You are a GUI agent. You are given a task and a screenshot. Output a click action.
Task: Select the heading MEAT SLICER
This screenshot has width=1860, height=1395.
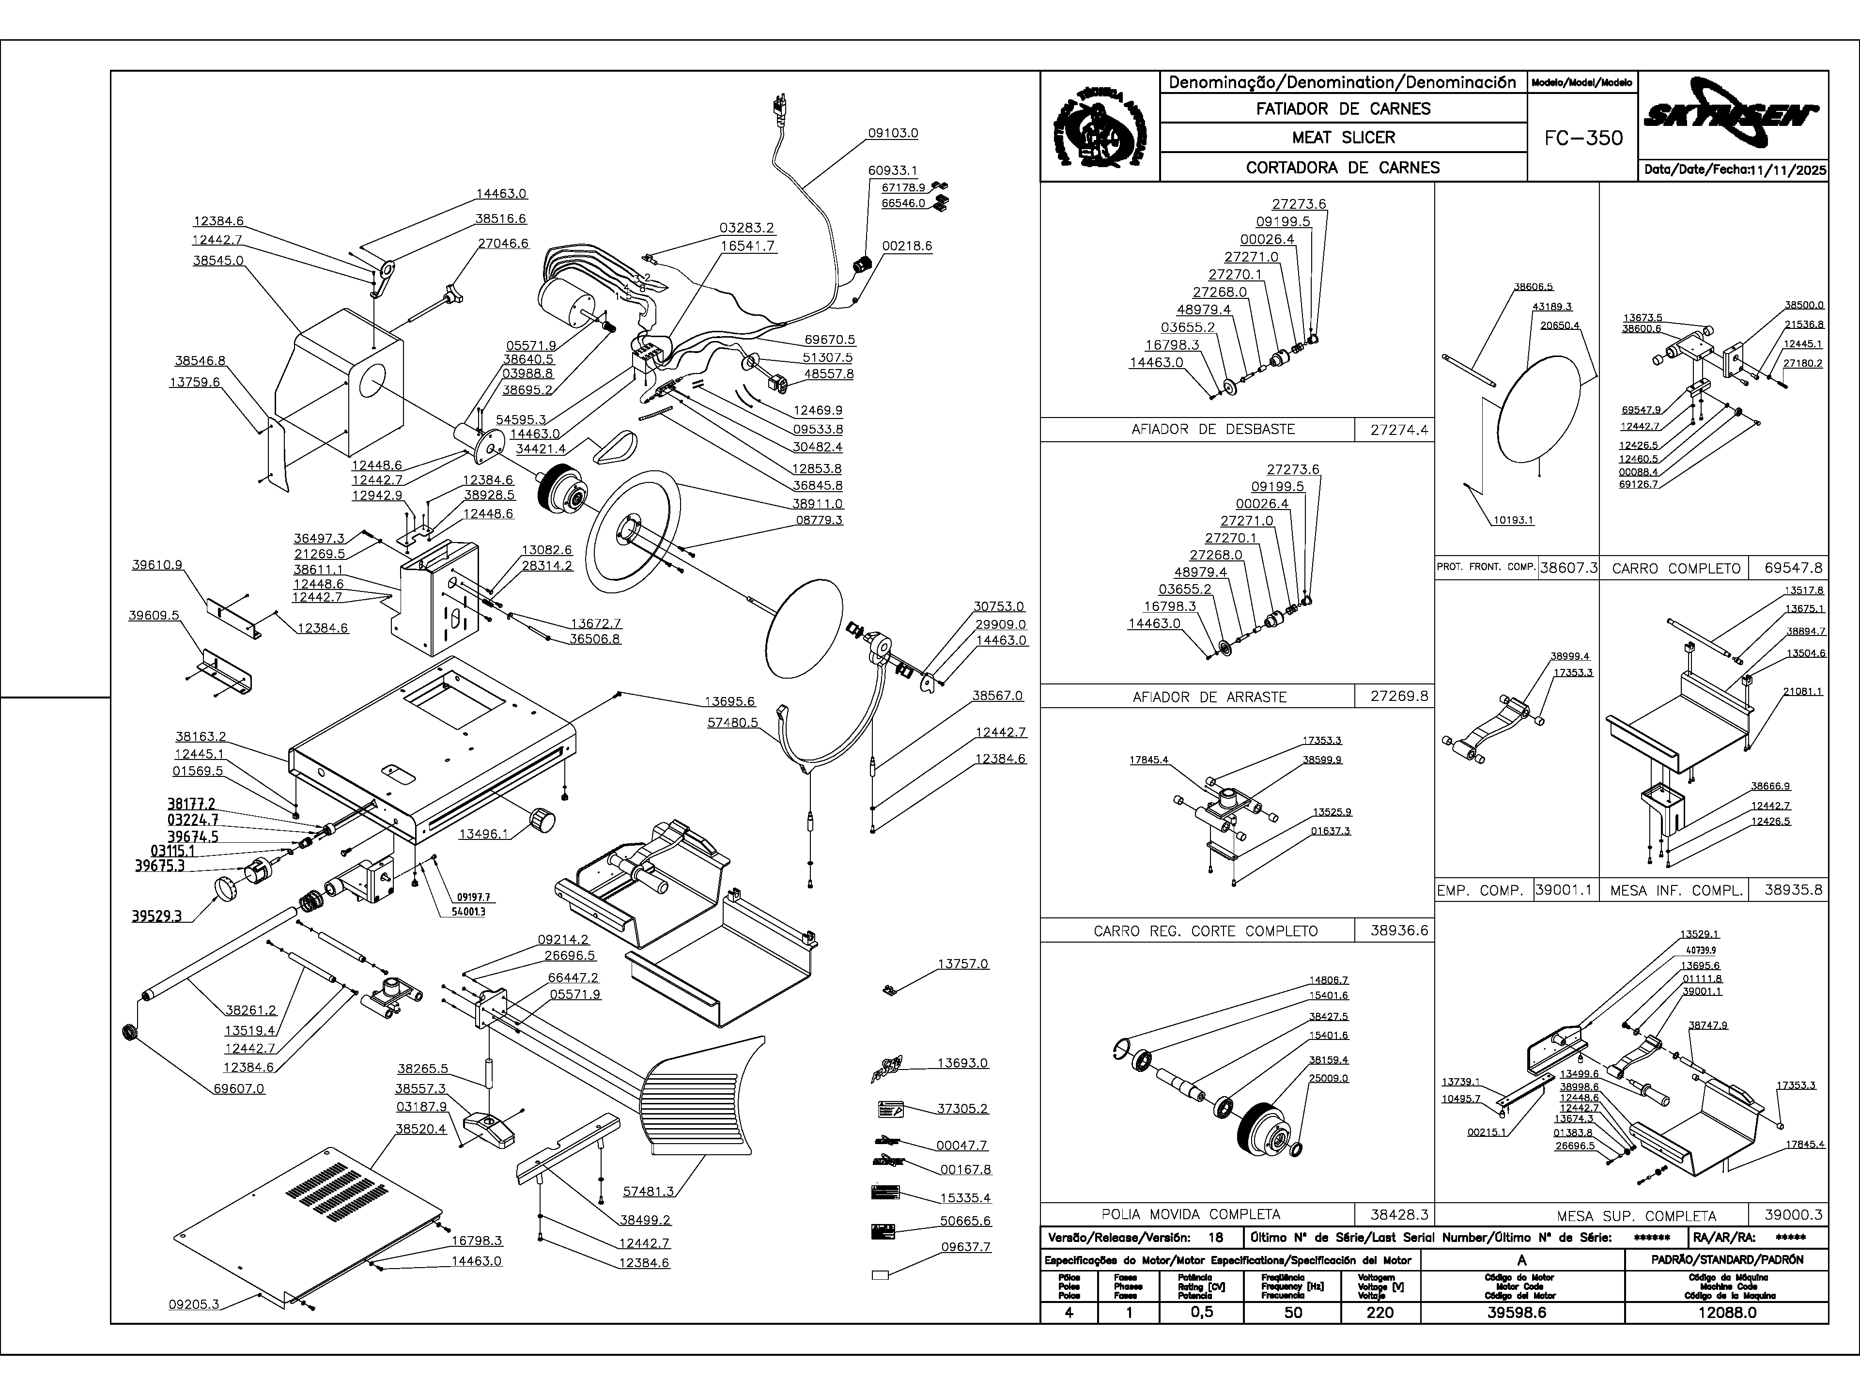[x=1343, y=137]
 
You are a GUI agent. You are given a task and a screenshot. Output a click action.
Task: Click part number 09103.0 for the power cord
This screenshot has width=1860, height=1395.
[x=893, y=133]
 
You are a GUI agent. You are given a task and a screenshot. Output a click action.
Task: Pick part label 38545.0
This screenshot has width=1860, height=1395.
[x=218, y=261]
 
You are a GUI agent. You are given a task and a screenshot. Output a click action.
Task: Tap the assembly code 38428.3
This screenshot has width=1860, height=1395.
[x=1393, y=1214]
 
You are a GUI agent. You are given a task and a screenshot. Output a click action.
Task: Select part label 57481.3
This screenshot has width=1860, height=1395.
[x=648, y=1191]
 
